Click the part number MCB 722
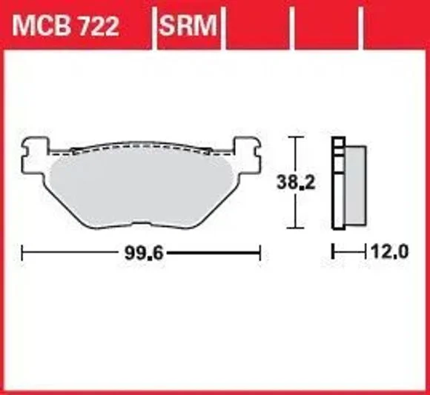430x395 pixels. click(65, 26)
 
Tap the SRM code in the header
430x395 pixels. click(188, 26)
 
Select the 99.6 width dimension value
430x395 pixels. click(144, 253)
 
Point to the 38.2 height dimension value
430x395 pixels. click(296, 182)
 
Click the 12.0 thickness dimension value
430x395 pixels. click(389, 251)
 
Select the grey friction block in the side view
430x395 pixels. click(355, 185)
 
